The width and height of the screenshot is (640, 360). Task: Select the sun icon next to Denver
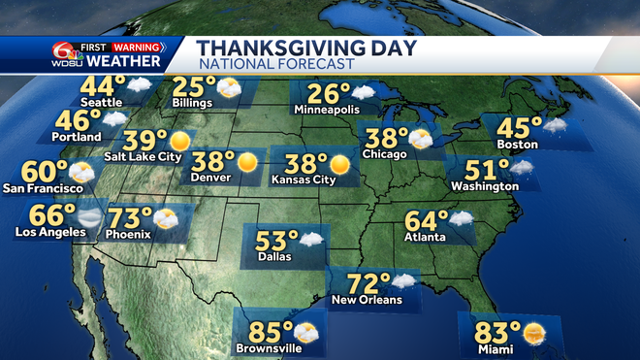pyautogui.click(x=249, y=161)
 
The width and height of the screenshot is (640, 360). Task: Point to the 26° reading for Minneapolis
pyautogui.click(x=329, y=95)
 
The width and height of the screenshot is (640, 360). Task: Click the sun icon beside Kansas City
pyautogui.click(x=339, y=162)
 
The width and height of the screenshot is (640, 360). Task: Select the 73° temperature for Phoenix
pyautogui.click(x=134, y=219)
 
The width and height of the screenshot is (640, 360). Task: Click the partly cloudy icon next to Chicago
pyautogui.click(x=420, y=139)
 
